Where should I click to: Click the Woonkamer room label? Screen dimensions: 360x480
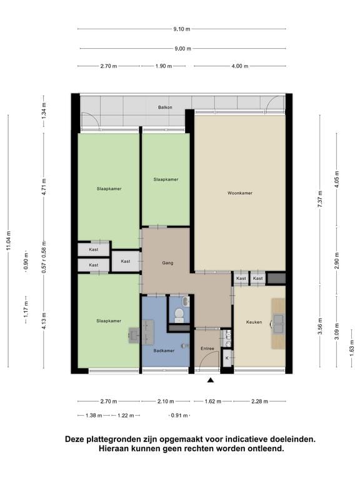pos(240,193)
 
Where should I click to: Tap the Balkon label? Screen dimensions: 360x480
pos(165,107)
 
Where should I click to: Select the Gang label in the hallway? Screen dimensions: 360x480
pos(167,262)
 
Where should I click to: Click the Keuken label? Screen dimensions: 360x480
pos(254,322)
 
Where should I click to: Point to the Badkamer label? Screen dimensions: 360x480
pos(164,351)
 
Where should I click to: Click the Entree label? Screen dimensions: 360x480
pos(207,348)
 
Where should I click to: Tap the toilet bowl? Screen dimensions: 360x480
pos(179,314)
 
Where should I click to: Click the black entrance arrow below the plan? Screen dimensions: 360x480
pos(210,380)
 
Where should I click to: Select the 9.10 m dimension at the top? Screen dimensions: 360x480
pos(182,29)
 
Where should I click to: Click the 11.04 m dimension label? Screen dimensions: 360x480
pos(9,241)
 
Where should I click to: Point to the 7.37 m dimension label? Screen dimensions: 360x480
pos(320,199)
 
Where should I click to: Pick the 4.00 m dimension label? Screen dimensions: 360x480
pos(240,66)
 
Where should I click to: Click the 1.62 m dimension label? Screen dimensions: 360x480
pos(212,401)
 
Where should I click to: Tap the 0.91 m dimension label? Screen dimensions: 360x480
pos(179,416)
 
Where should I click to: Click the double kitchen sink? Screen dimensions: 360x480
pos(279,324)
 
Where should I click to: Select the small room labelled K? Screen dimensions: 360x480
pos(227,358)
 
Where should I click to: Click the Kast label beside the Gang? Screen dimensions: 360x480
pos(126,261)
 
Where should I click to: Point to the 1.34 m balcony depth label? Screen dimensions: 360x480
pos(44,111)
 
